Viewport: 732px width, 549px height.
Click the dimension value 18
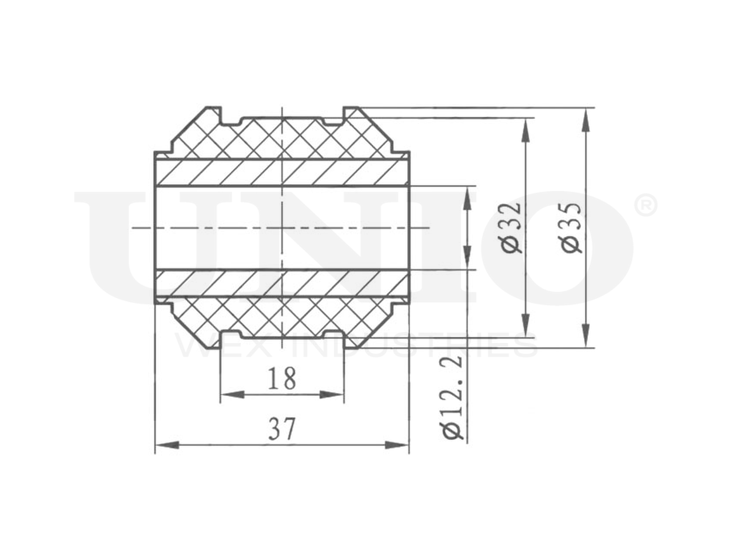[281, 379]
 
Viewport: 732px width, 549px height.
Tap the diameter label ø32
[511, 228]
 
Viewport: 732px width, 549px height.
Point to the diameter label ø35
[571, 228]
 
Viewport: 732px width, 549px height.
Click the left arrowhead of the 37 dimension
[168, 445]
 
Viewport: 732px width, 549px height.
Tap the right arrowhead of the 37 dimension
[397, 445]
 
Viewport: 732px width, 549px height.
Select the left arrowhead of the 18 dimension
[232, 395]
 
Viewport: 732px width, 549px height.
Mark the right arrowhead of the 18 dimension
[332, 395]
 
